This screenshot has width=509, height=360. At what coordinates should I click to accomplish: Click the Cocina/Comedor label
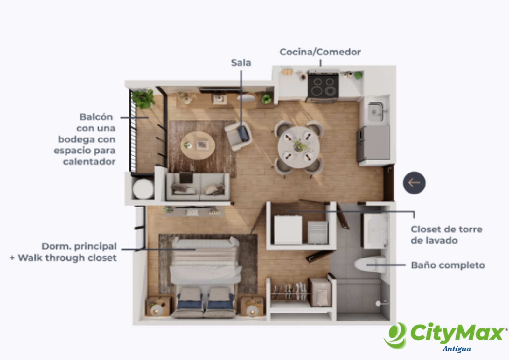click(320, 52)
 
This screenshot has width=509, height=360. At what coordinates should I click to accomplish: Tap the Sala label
click(241, 63)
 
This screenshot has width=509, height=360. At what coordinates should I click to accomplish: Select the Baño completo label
click(448, 265)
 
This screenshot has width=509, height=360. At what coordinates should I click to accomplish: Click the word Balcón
click(96, 117)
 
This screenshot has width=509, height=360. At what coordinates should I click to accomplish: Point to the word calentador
click(89, 162)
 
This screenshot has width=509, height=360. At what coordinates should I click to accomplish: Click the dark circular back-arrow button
click(414, 183)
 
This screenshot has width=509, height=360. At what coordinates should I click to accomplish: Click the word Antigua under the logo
click(457, 349)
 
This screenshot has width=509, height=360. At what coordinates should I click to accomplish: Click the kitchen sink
click(376, 112)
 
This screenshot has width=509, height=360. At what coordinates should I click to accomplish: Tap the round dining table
click(299, 147)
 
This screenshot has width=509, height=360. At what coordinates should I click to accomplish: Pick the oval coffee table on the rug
click(198, 145)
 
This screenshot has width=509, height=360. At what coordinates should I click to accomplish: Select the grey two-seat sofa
click(198, 187)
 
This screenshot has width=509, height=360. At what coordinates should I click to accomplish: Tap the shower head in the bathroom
click(378, 303)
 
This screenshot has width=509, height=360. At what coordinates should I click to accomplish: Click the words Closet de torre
click(447, 229)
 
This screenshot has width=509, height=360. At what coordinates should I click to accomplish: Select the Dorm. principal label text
click(79, 246)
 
